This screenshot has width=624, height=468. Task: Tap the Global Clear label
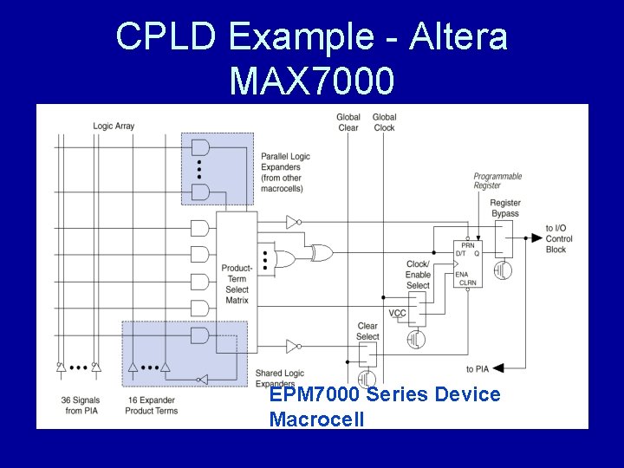coord(348,122)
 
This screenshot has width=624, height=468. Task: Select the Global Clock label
coord(384,122)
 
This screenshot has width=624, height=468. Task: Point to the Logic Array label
coord(114,127)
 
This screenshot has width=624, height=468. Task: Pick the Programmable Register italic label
coord(497,181)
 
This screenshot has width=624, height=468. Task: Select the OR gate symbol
coord(283,257)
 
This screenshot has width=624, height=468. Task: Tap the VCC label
coord(396,313)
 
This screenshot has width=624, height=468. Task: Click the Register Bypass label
coord(504,208)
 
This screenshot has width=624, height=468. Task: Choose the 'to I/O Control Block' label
coord(558,238)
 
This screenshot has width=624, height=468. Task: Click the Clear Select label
coord(367,331)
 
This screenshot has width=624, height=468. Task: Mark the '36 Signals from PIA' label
coord(81,405)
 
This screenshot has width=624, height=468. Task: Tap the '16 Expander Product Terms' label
coord(152,405)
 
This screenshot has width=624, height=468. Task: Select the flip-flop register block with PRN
coord(468,263)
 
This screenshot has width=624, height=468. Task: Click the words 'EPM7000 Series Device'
coord(384,394)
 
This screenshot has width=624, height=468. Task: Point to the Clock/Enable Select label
coord(418,275)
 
